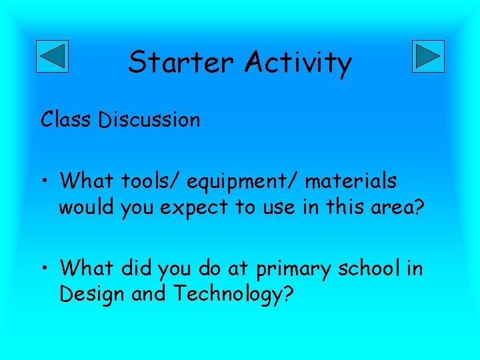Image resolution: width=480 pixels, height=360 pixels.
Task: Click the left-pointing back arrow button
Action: (x=51, y=56)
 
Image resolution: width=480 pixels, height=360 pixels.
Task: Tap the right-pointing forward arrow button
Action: (x=428, y=56)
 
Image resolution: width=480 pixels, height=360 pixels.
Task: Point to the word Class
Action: (x=66, y=119)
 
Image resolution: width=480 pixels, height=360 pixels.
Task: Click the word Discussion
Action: (x=149, y=119)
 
